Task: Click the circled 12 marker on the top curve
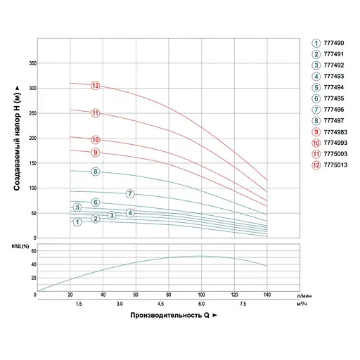coord(96,86)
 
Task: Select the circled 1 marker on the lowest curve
coord(77,221)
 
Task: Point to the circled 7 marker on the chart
coord(130,193)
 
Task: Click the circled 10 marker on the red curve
coord(96,139)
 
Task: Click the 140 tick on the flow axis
coord(266,295)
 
